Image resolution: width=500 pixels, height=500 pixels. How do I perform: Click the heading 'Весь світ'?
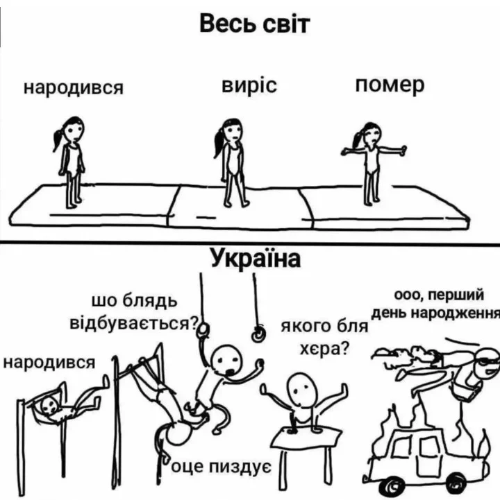(x=254, y=24)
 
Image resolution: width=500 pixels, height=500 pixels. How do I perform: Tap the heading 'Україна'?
(x=255, y=258)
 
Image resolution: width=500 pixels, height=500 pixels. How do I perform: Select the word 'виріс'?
(x=249, y=86)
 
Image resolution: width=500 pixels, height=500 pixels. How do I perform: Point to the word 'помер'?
(x=390, y=85)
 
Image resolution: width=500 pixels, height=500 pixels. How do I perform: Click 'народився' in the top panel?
(x=74, y=87)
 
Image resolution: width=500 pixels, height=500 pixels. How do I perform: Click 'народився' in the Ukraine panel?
(x=49, y=363)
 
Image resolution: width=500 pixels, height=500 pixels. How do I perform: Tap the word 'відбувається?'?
(x=134, y=323)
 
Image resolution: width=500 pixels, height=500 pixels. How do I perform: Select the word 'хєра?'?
(x=324, y=350)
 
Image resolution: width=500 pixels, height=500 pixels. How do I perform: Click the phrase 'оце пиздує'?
(x=222, y=468)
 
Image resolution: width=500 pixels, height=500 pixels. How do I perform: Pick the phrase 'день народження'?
(x=436, y=313)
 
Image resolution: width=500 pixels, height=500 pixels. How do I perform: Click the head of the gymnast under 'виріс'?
(x=233, y=130)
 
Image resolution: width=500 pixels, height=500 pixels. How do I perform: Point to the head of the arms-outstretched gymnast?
(x=372, y=135)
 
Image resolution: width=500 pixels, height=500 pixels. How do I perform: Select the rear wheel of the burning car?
(x=392, y=487)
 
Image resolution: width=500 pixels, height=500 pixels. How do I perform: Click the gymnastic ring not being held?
(x=258, y=334)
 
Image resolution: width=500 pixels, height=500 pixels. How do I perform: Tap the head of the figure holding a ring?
(x=227, y=361)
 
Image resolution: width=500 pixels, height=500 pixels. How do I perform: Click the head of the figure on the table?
(x=301, y=390)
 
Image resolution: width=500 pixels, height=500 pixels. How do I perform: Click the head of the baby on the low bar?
(x=50, y=406)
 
